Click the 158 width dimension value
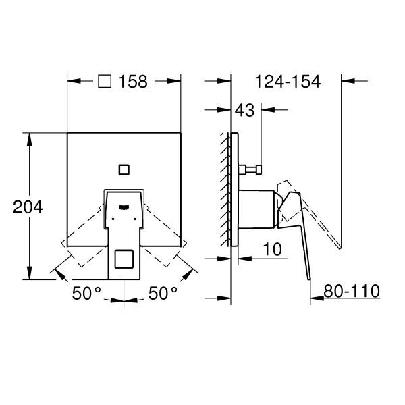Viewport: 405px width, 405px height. pyautogui.click(x=133, y=82)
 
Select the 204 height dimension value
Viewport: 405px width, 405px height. pyautogui.click(x=28, y=207)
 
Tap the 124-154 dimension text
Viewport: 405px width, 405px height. pyautogui.click(x=288, y=82)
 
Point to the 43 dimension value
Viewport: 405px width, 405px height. pyautogui.click(x=244, y=110)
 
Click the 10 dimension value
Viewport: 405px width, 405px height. pyautogui.click(x=273, y=249)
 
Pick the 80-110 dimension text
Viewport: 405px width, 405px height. pyautogui.click(x=352, y=291)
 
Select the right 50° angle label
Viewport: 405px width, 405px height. pyautogui.click(x=163, y=293)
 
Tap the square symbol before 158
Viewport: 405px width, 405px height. pyautogui.click(x=105, y=82)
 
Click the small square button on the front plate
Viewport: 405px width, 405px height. pyautogui.click(x=124, y=170)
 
